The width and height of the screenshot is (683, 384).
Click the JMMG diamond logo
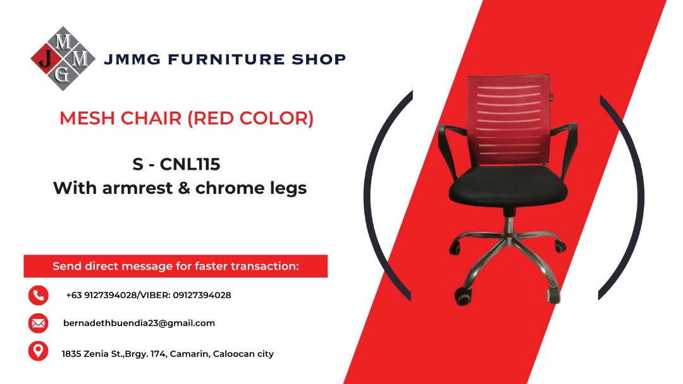(63, 59)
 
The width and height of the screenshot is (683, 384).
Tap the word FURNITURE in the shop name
(208, 59)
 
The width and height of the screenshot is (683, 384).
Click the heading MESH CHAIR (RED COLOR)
(187, 118)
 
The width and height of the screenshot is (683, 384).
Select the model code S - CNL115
(176, 165)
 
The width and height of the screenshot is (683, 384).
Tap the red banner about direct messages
(176, 266)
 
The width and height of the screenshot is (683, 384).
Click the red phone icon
(38, 295)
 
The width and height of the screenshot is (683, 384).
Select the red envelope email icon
(38, 323)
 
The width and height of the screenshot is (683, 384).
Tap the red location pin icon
(38, 351)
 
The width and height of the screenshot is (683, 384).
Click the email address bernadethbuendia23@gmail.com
(139, 323)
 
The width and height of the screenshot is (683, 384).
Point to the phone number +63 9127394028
(101, 296)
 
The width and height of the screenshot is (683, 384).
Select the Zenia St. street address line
(168, 354)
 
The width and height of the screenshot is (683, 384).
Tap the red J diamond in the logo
(45, 59)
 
